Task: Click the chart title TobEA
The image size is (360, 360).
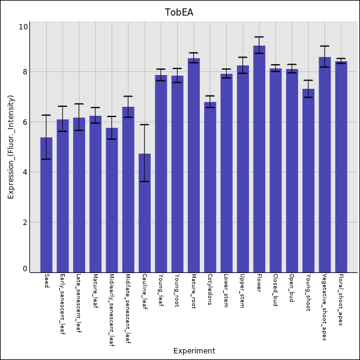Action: click(179, 12)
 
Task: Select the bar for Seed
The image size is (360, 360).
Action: click(46, 204)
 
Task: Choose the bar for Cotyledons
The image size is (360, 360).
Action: click(210, 187)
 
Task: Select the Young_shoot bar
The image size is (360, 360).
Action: click(308, 180)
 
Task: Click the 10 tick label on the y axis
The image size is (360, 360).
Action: click(23, 27)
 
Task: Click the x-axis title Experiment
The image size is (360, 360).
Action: click(194, 351)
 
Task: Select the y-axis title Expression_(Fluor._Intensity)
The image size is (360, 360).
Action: click(11, 147)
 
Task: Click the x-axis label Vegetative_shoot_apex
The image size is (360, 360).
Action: click(325, 307)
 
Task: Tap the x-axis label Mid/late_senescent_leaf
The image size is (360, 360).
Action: click(128, 309)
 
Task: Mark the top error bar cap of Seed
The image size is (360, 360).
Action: click(46, 115)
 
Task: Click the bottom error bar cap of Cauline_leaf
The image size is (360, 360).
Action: click(145, 181)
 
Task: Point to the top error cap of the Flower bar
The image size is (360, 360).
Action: click(259, 37)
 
